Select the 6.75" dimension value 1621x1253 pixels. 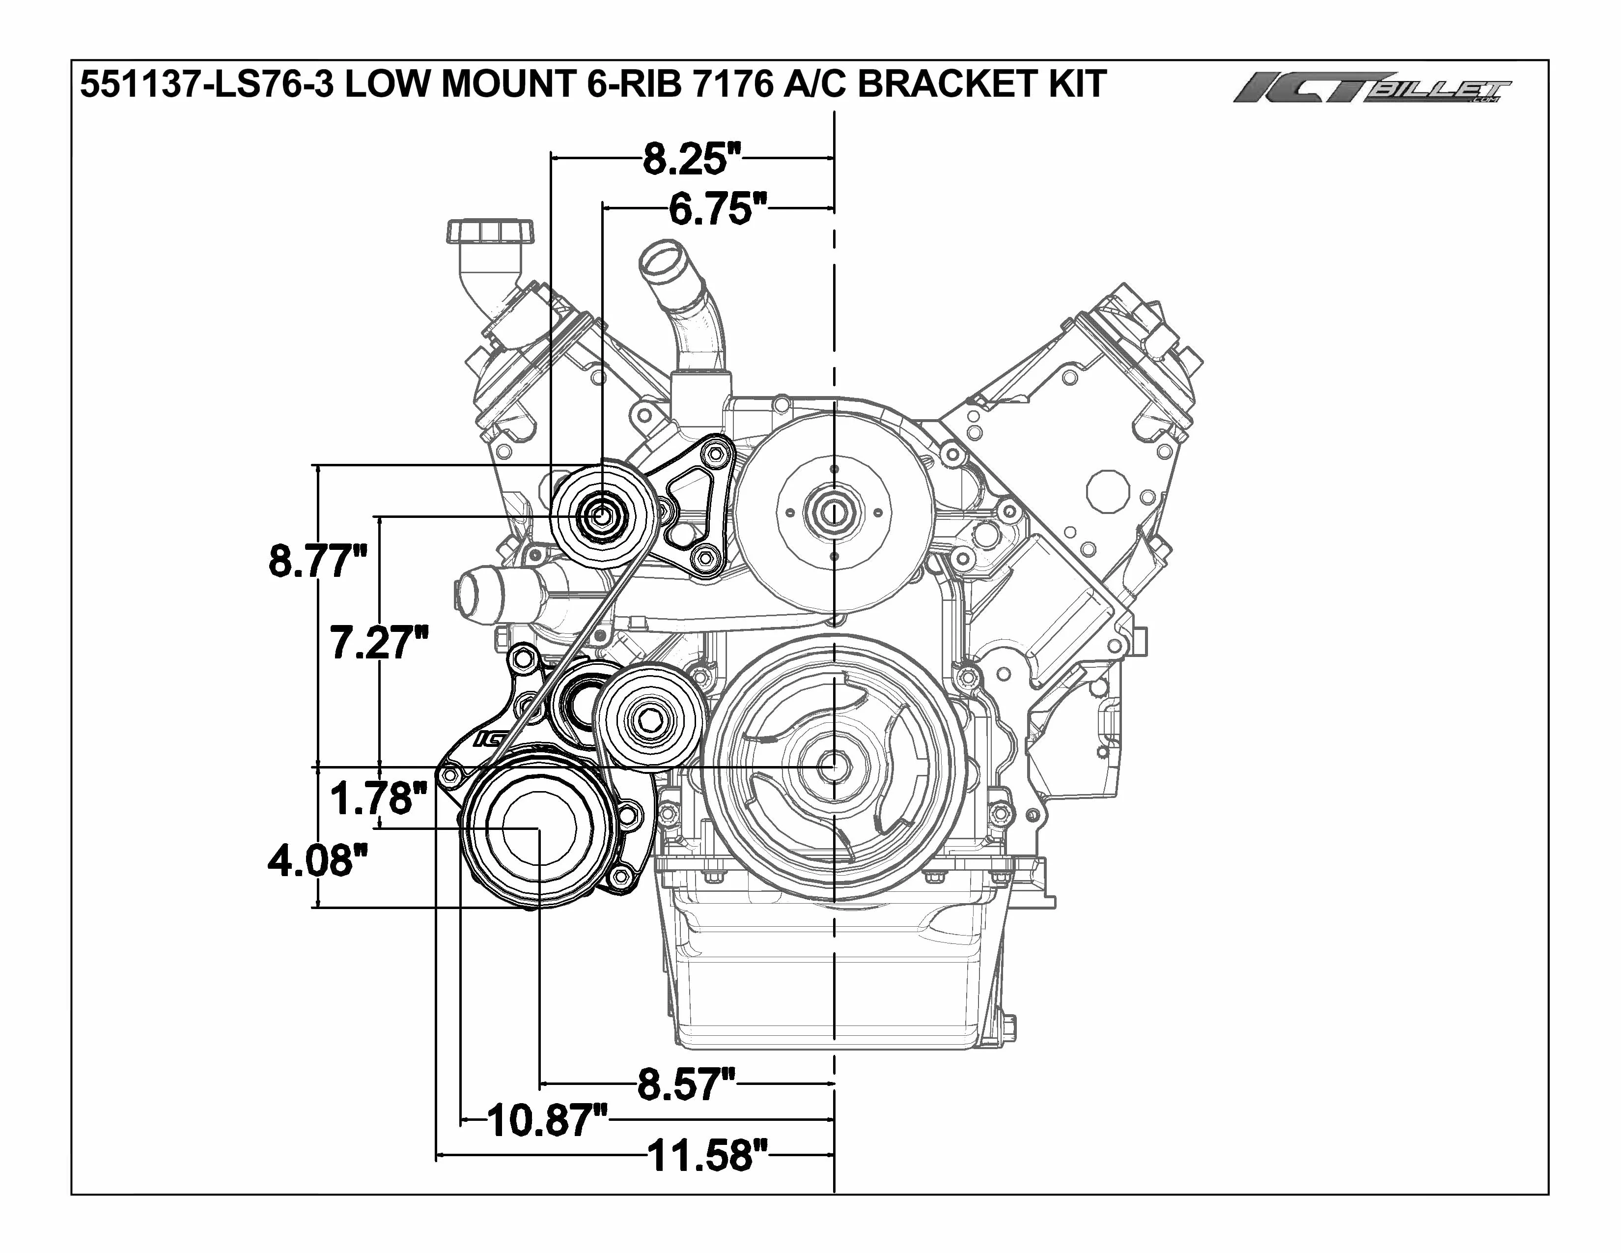click(x=718, y=209)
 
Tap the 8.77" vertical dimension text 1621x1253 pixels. click(x=318, y=561)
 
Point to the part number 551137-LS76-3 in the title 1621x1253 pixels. click(x=206, y=84)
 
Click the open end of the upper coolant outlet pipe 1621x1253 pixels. click(x=660, y=259)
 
